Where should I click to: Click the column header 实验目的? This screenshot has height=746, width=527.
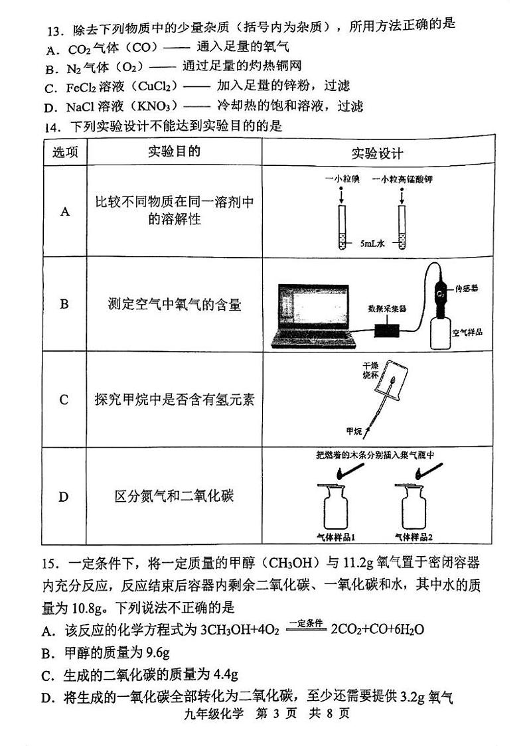click(x=174, y=152)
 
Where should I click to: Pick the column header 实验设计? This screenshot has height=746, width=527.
click(x=377, y=153)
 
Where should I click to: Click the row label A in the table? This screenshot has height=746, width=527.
click(x=64, y=212)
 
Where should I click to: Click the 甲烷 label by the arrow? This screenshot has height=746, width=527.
click(x=354, y=432)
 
